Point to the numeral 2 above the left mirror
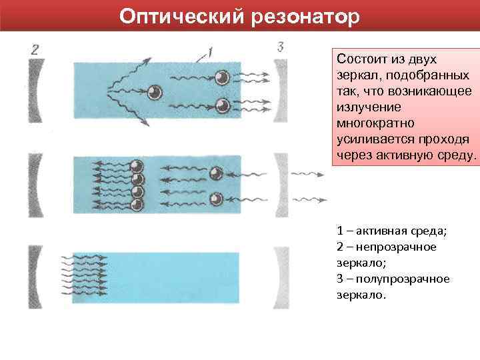pos(35,49)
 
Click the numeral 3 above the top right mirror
pos(280,47)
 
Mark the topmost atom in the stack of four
pos(137,167)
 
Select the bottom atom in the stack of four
pos(137,205)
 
